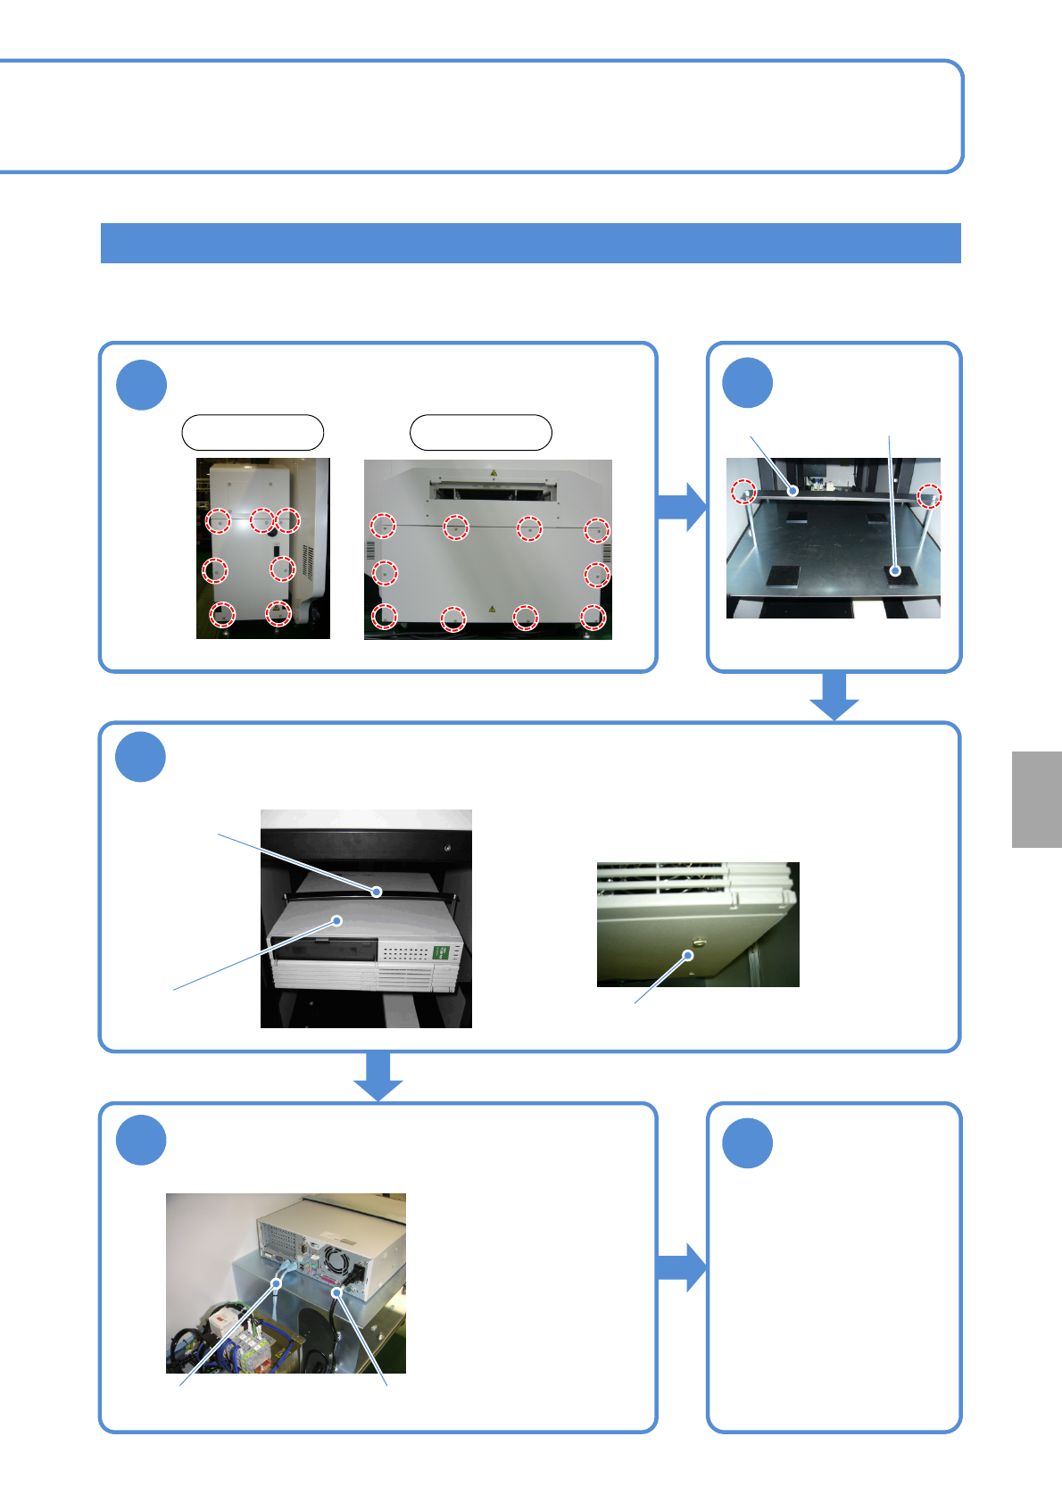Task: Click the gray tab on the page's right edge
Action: [x=1036, y=799]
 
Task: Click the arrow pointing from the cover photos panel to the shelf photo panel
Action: [x=682, y=506]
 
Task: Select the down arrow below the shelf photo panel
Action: [x=834, y=696]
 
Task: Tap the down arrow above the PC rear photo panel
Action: [x=378, y=1076]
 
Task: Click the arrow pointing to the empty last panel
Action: [x=682, y=1266]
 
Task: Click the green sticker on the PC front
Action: [x=441, y=952]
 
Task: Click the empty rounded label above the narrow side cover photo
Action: [x=253, y=432]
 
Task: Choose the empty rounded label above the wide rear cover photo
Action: [x=480, y=432]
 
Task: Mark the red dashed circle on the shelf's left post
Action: [x=743, y=490]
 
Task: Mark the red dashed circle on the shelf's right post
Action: [x=929, y=496]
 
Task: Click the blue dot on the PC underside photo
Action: [x=688, y=955]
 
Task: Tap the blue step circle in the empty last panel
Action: [x=747, y=1142]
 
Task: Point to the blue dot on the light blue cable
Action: [x=277, y=1283]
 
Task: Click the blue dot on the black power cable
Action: [x=337, y=1292]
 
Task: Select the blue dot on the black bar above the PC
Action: [x=377, y=891]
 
